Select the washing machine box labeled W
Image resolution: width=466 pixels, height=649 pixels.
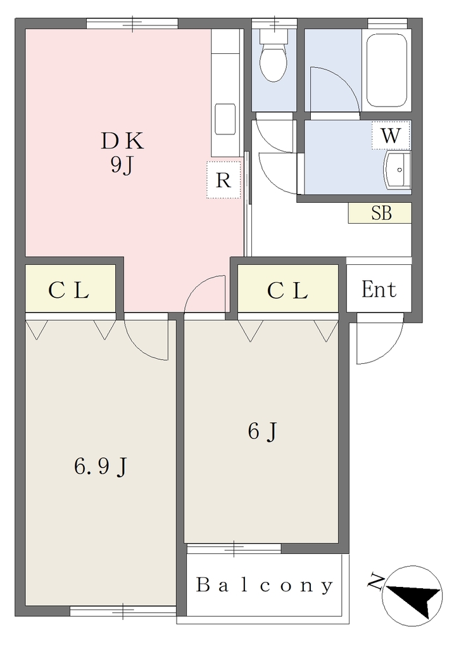pos(391,136)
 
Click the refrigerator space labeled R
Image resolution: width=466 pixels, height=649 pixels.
pos(224,179)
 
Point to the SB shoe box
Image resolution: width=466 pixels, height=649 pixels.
pos(380,213)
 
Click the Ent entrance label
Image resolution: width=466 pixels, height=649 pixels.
pos(379,289)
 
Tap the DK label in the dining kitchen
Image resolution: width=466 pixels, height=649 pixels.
pos(123,141)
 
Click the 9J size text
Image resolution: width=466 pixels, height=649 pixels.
pos(121,165)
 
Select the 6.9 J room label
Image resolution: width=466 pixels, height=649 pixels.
pos(100,467)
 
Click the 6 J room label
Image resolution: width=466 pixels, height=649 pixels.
pos(262,432)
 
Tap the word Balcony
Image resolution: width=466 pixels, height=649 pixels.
pos(264,585)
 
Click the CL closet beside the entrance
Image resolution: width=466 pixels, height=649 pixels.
pos(288,288)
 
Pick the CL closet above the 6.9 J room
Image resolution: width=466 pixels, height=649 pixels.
pos(70,288)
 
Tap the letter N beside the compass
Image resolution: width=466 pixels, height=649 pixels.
pos(375,581)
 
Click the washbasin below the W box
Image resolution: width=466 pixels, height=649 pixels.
pos(398,170)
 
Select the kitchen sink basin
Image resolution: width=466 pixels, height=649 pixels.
pos(225,119)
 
